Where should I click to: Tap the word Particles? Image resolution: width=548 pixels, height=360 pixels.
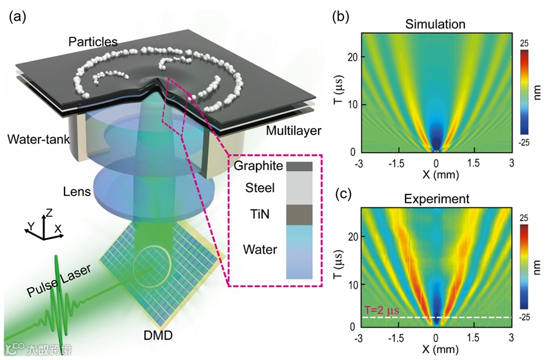point(94,41)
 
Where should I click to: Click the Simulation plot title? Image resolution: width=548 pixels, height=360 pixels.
point(435,25)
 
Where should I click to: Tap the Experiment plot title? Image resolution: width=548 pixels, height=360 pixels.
point(436,199)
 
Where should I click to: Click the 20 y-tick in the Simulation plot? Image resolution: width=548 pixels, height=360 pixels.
point(352,56)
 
